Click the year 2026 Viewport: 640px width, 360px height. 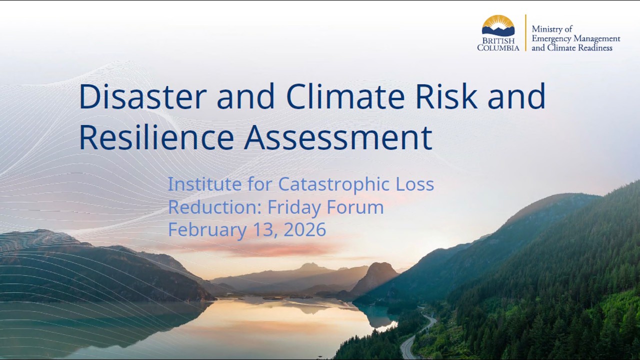tap(305, 230)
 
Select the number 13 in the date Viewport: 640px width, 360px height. tap(266, 230)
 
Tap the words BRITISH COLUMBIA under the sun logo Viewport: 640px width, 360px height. tap(498, 44)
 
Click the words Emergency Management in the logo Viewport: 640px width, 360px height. tap(575, 38)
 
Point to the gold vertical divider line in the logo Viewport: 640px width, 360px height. tap(525, 32)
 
